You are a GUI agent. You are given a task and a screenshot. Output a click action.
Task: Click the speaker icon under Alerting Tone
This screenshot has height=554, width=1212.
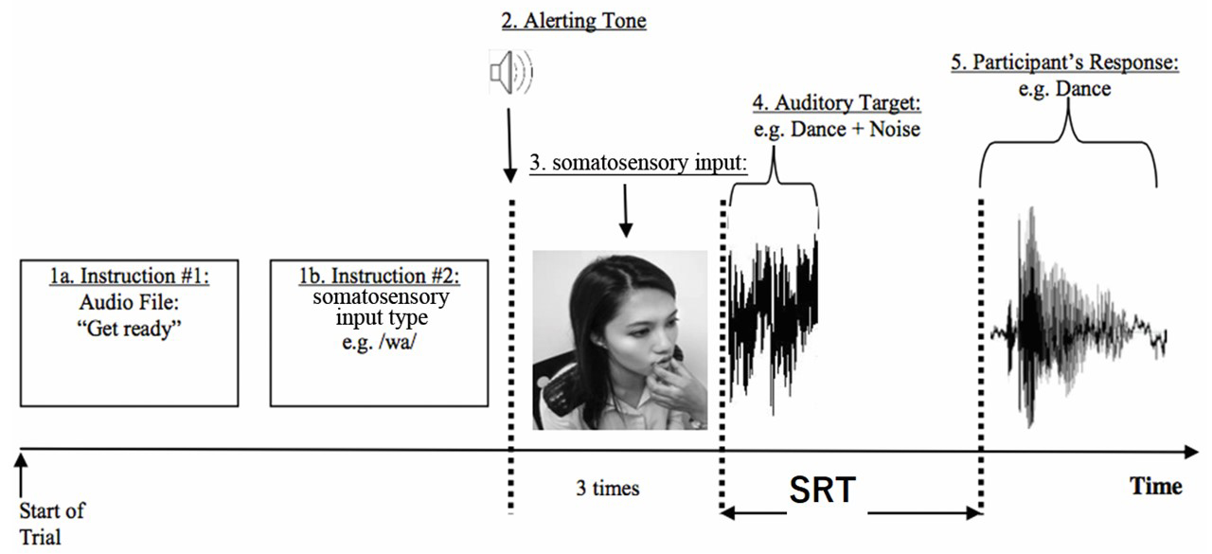click(x=510, y=72)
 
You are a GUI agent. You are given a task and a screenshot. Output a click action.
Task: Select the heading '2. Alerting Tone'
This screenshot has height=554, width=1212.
click(x=574, y=21)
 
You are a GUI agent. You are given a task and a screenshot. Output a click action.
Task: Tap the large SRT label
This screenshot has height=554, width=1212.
click(x=823, y=490)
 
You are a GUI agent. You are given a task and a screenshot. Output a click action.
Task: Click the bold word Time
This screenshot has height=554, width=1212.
click(x=1156, y=486)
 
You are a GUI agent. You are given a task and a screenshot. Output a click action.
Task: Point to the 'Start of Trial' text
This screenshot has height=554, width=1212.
click(x=52, y=524)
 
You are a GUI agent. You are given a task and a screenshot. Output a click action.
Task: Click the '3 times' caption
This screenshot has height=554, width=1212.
click(x=608, y=488)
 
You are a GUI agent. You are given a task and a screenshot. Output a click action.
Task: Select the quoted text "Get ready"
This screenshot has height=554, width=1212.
click(x=129, y=329)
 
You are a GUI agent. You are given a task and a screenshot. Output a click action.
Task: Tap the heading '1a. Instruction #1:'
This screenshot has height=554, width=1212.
click(x=130, y=276)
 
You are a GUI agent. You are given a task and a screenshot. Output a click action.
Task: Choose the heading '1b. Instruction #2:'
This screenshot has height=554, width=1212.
click(x=380, y=276)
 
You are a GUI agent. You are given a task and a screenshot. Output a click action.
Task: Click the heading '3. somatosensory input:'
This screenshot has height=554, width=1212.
click(x=638, y=162)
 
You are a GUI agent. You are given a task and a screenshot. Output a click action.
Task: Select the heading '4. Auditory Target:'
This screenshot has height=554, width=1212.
click(x=836, y=103)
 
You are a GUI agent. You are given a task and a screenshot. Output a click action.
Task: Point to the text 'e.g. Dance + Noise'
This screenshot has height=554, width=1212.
click(x=836, y=129)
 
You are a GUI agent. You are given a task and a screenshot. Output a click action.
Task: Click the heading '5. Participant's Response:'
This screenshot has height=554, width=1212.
click(x=1065, y=62)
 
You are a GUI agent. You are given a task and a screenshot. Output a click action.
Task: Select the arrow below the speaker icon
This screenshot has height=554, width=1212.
click(x=509, y=145)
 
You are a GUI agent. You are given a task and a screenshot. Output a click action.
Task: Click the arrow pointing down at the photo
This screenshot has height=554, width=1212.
click(x=626, y=210)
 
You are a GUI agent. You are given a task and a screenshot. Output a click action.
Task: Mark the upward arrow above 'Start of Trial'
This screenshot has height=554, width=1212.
click(x=21, y=475)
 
